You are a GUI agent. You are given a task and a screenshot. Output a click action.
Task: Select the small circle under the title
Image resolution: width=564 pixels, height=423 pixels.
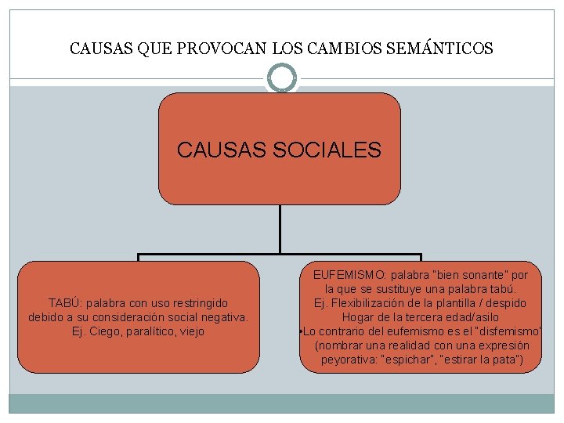click(x=281, y=78)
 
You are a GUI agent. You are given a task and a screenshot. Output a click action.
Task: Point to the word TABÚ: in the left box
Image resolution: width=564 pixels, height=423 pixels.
click(x=65, y=303)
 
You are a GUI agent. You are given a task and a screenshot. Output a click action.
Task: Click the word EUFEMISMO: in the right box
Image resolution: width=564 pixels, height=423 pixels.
click(x=347, y=275)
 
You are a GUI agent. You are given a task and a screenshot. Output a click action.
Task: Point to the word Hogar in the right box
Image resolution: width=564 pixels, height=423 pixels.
click(x=358, y=317)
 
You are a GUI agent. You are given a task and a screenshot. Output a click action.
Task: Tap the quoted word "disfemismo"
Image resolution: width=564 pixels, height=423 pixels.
click(x=509, y=331)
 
